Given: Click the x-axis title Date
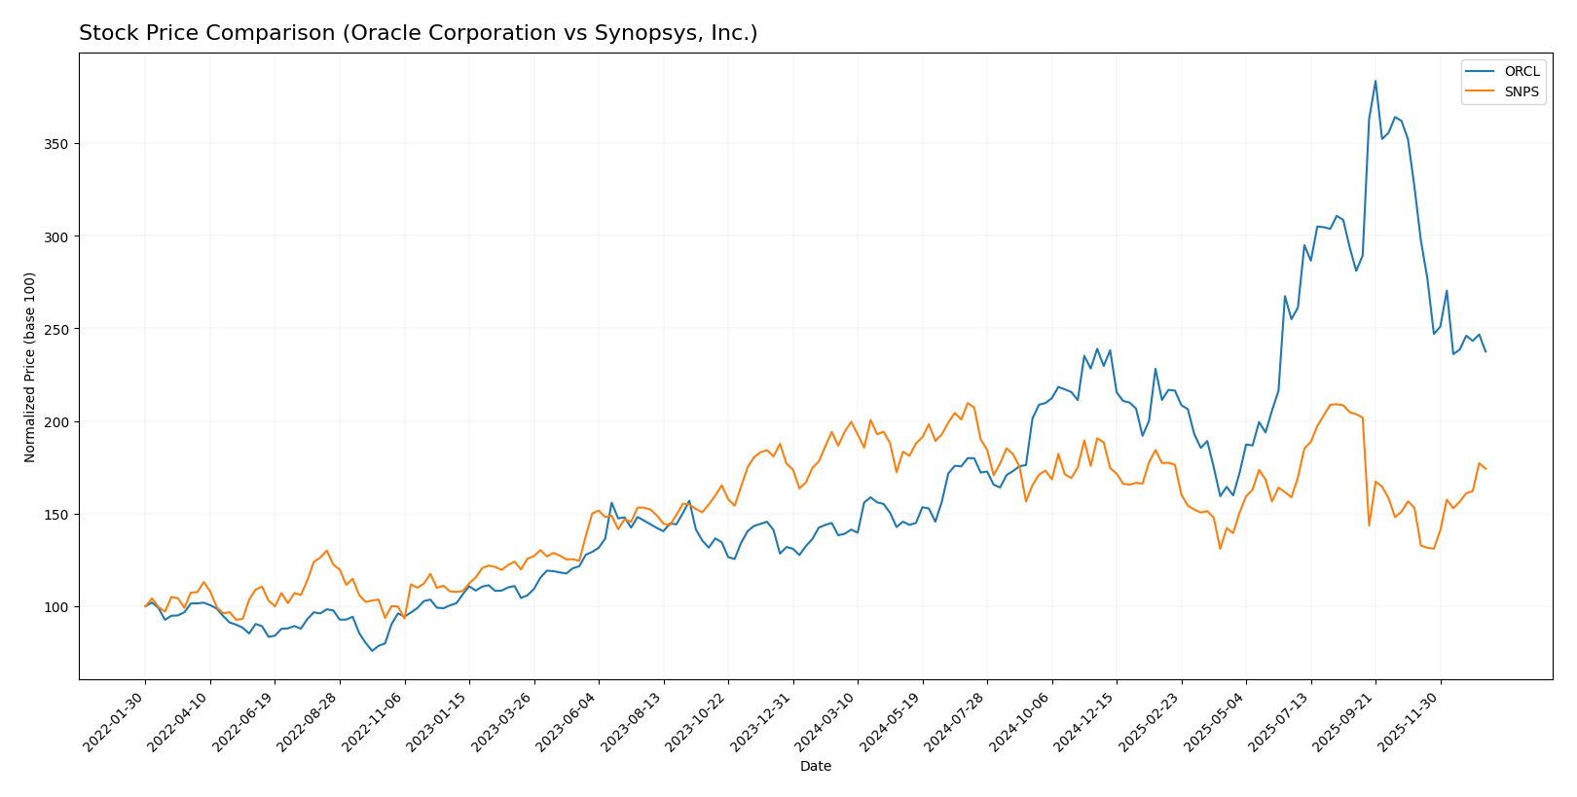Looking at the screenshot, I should click(x=815, y=767).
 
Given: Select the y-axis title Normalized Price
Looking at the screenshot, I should click(x=30, y=367).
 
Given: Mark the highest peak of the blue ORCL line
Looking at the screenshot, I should click(x=1375, y=81).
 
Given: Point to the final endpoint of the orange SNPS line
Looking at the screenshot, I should click(x=1485, y=469).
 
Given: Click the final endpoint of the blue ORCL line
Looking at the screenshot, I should click(x=1485, y=351).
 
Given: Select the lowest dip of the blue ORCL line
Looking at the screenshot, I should click(x=372, y=650).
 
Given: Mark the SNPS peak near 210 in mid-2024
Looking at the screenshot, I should click(x=968, y=403).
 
